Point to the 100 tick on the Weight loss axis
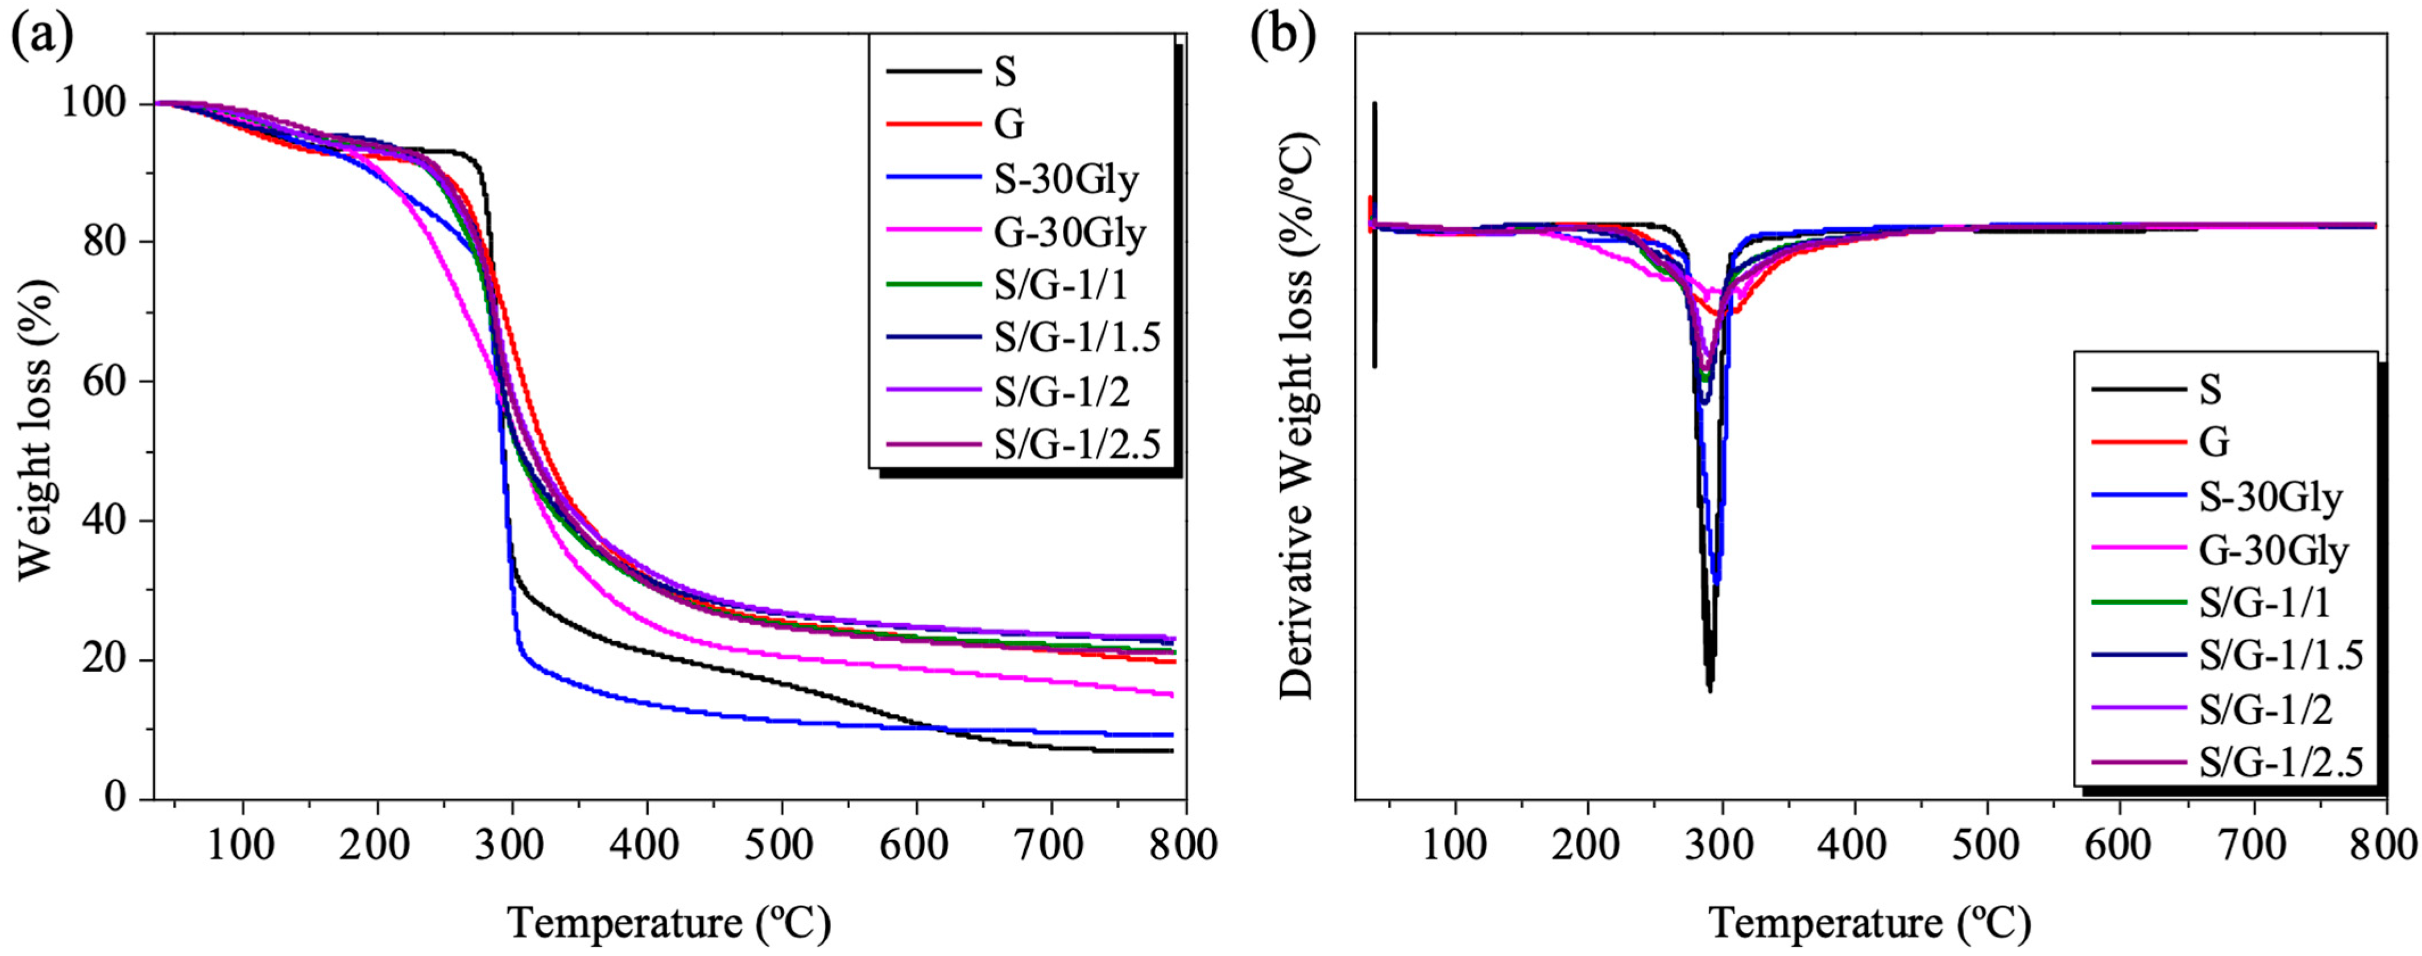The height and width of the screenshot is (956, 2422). click(93, 103)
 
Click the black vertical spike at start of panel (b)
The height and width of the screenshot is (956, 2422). click(1374, 235)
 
